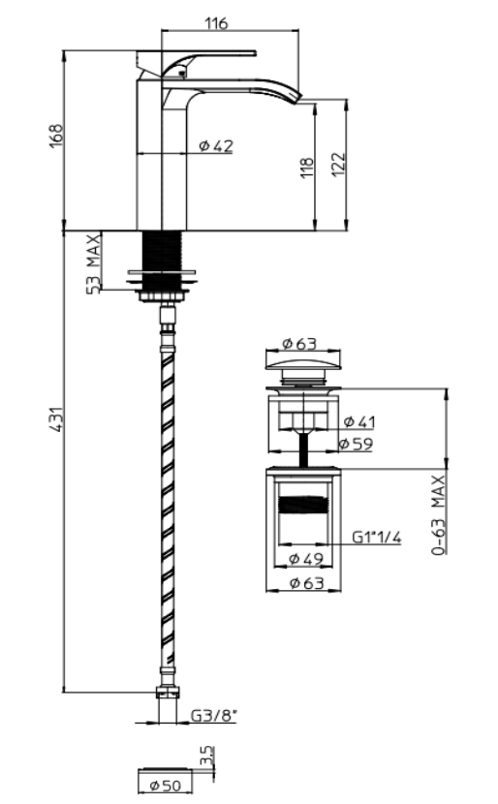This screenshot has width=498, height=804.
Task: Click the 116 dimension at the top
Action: click(x=216, y=23)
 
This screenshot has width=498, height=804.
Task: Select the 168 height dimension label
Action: click(x=56, y=136)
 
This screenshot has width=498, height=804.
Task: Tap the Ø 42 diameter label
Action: click(x=216, y=146)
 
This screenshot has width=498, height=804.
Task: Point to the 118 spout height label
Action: click(x=307, y=168)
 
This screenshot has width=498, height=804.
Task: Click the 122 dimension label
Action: click(x=338, y=164)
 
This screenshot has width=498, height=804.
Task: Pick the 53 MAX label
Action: click(x=93, y=263)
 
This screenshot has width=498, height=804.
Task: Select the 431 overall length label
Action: click(x=56, y=418)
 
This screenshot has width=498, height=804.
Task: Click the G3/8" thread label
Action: click(x=214, y=715)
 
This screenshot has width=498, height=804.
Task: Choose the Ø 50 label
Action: click(x=165, y=785)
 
